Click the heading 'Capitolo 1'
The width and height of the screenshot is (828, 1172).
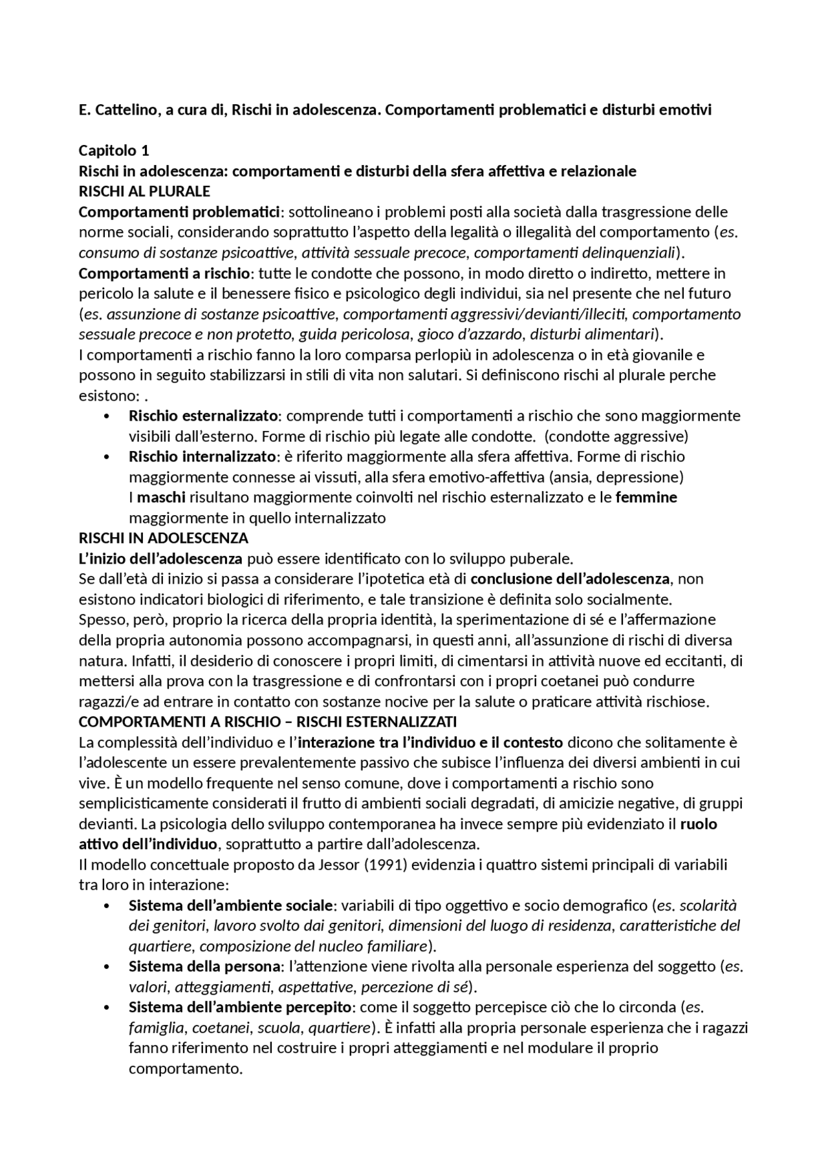[114, 151]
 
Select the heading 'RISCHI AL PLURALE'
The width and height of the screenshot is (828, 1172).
[144, 192]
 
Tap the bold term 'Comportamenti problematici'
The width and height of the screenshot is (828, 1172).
[180, 212]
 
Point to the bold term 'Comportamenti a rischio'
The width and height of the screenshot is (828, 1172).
[164, 273]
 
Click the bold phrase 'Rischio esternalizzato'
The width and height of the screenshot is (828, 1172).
[204, 415]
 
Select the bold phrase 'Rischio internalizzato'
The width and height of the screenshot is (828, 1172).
[202, 456]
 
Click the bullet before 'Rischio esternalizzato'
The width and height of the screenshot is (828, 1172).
[107, 415]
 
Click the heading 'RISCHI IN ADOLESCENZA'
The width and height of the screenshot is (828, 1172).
[163, 538]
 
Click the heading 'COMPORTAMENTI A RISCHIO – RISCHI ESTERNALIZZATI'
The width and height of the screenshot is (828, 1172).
[267, 722]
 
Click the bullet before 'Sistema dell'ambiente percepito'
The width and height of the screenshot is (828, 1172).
[107, 1007]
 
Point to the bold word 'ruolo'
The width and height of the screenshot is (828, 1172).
[699, 824]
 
